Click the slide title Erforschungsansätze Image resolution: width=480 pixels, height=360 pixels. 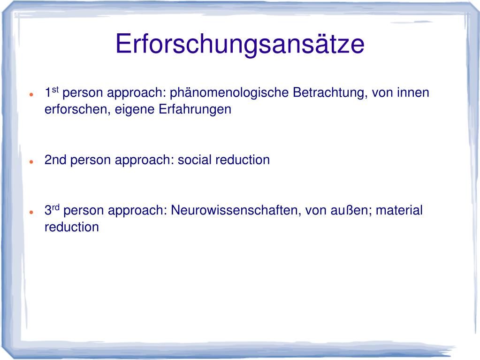click(240, 44)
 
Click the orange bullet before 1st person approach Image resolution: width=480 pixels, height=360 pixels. click(30, 94)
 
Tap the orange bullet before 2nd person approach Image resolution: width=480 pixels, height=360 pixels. click(30, 161)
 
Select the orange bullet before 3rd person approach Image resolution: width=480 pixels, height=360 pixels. click(30, 212)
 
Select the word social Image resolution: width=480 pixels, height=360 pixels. click(194, 160)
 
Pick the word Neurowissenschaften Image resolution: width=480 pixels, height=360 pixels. click(236, 210)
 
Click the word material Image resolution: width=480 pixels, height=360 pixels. click(399, 210)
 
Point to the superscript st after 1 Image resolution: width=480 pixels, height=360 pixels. click(54, 89)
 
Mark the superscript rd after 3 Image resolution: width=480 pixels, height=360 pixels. click(55, 207)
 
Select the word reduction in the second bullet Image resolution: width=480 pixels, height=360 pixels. click(243, 160)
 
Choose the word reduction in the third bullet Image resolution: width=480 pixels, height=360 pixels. click(72, 227)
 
